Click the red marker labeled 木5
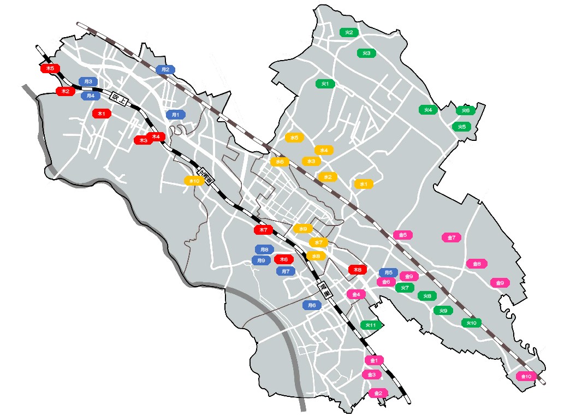pos(50,68)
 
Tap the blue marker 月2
pos(165,69)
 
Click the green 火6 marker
pos(466,110)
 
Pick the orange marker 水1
pos(363,184)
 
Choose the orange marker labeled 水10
pos(193,181)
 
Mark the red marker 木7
pos(263,230)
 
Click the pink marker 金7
pos(452,237)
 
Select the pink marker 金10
pos(526,376)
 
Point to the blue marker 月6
pos(312,305)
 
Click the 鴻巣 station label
pos(323,289)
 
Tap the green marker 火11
pos(371,325)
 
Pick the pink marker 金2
pos(378,393)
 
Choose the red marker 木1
pos(102,114)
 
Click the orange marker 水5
pos(294,138)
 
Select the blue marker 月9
pos(262,260)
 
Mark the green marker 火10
pos(471,323)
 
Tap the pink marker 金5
pos(403,235)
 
